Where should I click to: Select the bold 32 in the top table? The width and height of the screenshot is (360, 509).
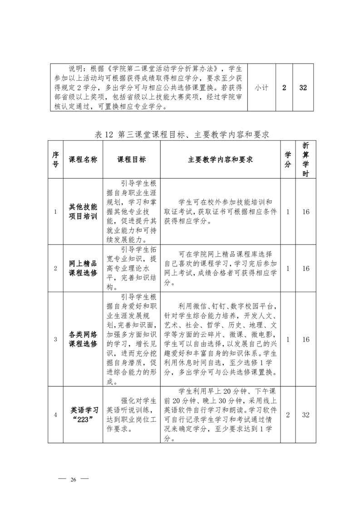pyautogui.click(x=303, y=88)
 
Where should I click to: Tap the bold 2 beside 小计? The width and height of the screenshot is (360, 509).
pyautogui.click(x=284, y=88)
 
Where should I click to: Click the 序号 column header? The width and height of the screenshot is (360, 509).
pyautogui.click(x=55, y=160)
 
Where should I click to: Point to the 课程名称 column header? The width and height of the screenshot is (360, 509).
pyautogui.click(x=83, y=160)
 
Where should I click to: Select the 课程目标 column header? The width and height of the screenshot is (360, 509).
pyautogui.click(x=132, y=160)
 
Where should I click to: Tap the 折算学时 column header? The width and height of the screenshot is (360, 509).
pyautogui.click(x=306, y=160)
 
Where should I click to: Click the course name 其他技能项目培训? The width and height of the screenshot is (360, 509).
pyautogui.click(x=83, y=211)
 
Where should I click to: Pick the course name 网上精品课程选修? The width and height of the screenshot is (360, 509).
pyautogui.click(x=83, y=269)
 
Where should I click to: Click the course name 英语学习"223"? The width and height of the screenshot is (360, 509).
pyautogui.click(x=83, y=415)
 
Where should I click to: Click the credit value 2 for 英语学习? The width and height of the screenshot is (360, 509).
pyautogui.click(x=288, y=415)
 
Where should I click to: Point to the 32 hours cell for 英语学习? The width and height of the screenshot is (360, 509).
pyautogui.click(x=306, y=415)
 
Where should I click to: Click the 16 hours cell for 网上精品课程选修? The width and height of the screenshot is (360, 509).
pyautogui.click(x=306, y=269)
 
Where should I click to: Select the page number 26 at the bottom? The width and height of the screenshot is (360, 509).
pyautogui.click(x=73, y=480)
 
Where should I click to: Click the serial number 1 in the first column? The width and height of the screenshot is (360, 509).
pyautogui.click(x=55, y=211)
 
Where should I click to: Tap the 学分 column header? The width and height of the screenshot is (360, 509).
pyautogui.click(x=288, y=160)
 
